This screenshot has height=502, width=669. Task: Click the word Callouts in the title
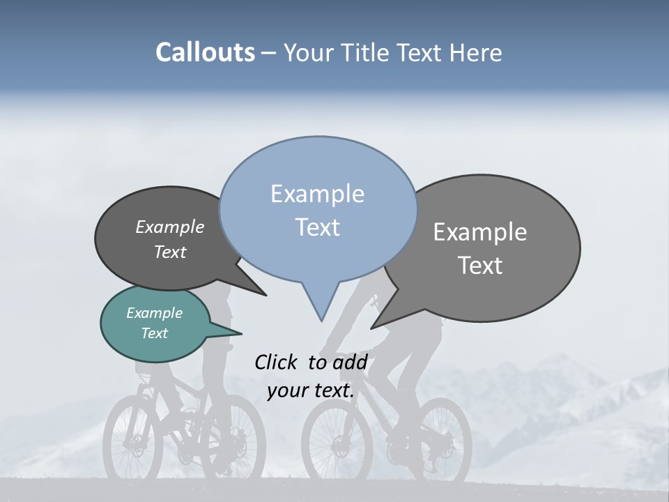click(x=205, y=52)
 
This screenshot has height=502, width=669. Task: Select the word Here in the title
click(x=475, y=52)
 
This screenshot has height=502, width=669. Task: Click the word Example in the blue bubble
click(x=317, y=194)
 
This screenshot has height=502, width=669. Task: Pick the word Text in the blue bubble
click(x=317, y=227)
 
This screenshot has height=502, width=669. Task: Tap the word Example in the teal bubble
click(x=154, y=313)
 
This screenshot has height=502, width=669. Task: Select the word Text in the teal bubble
click(x=154, y=333)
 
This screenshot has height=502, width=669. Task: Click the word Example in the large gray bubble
click(x=479, y=232)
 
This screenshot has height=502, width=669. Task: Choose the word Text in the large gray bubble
click(x=479, y=266)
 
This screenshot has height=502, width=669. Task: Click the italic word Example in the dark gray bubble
click(x=169, y=227)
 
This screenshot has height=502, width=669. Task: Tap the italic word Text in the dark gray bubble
click(x=169, y=252)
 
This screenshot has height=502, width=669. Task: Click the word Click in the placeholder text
click(x=277, y=362)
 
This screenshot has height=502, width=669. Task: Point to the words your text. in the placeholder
click(x=310, y=390)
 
